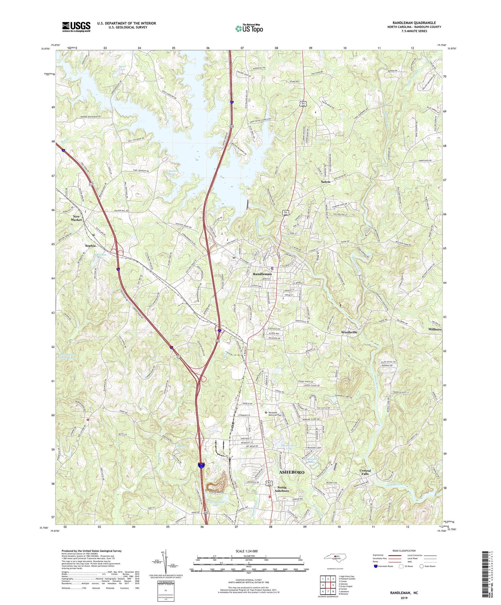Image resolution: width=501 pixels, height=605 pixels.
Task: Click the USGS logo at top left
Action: (x=76, y=27)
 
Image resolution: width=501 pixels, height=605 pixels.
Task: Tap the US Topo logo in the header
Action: (x=249, y=28)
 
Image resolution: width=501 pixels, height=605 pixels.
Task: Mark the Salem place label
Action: (x=325, y=182)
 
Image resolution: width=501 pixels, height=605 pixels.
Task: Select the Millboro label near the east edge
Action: (x=435, y=329)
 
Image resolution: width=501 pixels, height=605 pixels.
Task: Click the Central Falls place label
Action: (x=365, y=472)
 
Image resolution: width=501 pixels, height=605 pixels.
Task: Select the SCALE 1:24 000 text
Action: (x=249, y=551)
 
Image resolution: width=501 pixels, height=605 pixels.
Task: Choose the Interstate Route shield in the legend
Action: (x=376, y=566)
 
